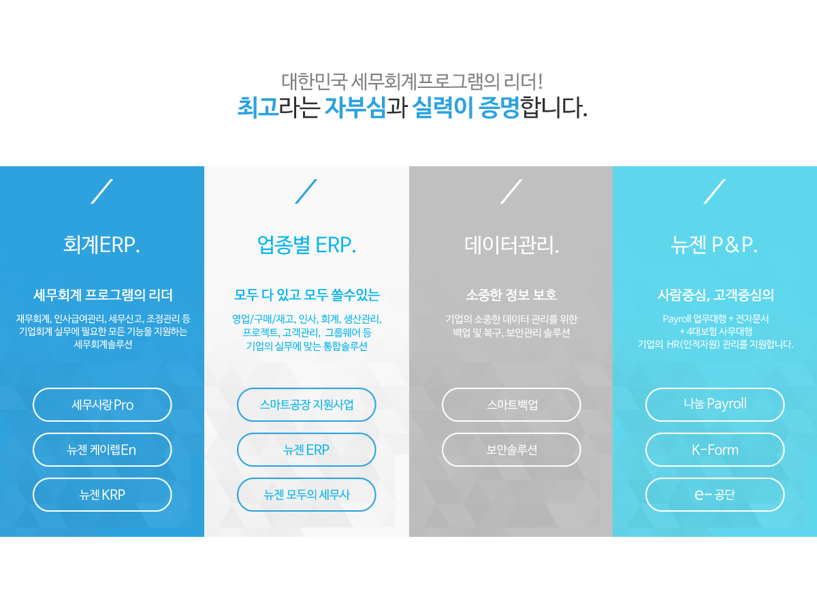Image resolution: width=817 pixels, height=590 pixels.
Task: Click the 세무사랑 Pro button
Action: [x=102, y=404]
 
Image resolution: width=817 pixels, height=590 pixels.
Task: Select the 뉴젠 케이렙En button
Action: [x=102, y=450]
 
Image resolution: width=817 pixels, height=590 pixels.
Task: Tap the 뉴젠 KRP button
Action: [x=102, y=495]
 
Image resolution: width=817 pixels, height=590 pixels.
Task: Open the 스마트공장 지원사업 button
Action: [x=306, y=404]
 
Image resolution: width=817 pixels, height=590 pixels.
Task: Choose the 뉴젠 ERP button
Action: [x=306, y=450]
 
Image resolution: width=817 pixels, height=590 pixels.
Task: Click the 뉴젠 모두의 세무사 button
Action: [x=306, y=495]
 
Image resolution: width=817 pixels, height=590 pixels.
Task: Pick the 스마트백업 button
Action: [x=511, y=404]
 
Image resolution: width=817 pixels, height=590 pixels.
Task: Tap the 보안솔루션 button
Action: [x=511, y=450]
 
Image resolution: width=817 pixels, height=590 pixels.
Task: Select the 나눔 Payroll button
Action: [x=715, y=404]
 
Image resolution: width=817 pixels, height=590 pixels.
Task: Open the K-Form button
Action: [x=715, y=450]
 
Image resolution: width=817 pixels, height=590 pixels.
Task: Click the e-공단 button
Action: [x=715, y=495]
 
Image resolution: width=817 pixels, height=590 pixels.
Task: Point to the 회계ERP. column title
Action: [x=101, y=245]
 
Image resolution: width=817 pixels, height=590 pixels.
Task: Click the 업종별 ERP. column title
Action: [x=306, y=245]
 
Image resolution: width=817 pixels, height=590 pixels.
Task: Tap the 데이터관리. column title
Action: [x=511, y=245]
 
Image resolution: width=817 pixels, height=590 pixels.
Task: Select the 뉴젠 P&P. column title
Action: [x=714, y=245]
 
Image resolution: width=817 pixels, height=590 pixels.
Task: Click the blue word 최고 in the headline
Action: [x=258, y=107]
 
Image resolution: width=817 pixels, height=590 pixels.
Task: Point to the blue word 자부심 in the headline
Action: [x=355, y=107]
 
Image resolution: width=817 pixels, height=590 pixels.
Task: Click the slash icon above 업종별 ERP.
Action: [x=306, y=191]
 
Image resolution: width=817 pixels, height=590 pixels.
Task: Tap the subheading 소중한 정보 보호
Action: [x=511, y=295]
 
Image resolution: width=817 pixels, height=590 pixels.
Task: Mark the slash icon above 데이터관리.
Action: [x=511, y=191]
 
